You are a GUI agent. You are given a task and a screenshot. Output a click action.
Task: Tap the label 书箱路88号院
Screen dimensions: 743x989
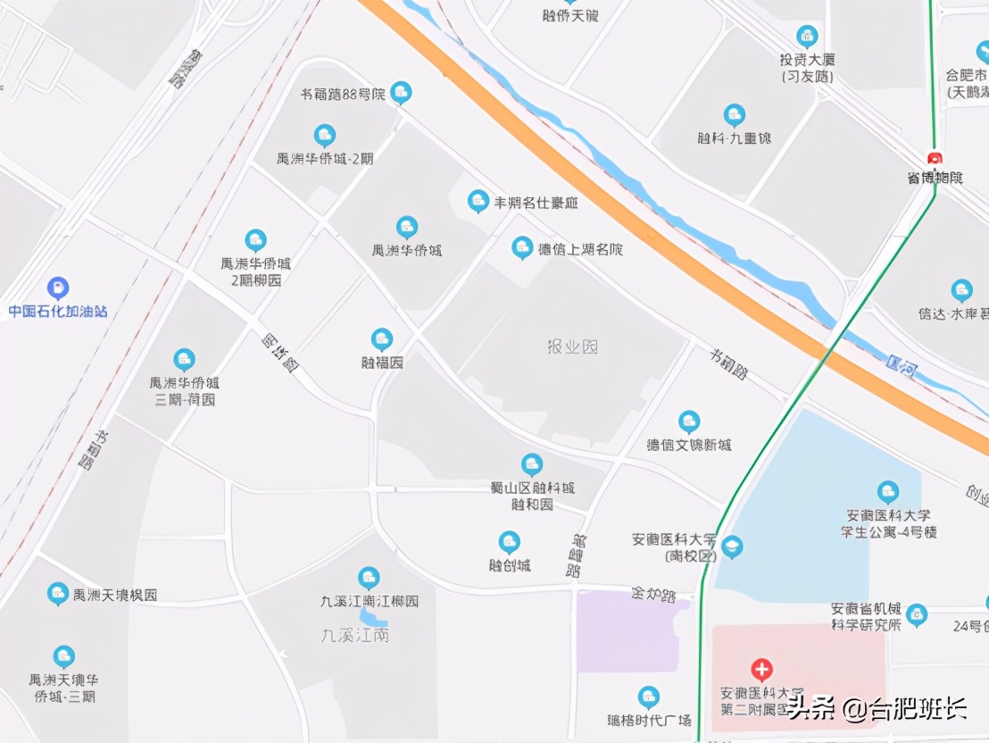[x=343, y=94]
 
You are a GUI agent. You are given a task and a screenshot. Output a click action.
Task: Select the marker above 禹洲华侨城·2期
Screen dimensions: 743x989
[x=324, y=136]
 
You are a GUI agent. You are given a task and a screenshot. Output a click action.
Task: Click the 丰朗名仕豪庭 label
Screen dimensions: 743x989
[x=536, y=203]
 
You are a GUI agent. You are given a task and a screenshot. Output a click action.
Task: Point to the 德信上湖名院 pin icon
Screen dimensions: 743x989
[x=522, y=248]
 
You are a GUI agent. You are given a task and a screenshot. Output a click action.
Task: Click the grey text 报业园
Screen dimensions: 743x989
[x=572, y=346]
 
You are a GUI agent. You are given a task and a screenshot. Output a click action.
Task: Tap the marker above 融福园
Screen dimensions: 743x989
[x=382, y=339]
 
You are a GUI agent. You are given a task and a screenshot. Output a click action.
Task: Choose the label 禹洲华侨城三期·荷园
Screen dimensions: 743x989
[x=185, y=391]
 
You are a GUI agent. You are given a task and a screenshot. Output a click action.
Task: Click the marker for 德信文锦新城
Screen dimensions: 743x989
[x=688, y=422]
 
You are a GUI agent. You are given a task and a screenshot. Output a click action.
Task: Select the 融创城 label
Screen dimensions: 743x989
[x=510, y=565]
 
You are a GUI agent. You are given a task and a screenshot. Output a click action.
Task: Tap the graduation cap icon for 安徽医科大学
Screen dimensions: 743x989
[x=732, y=547]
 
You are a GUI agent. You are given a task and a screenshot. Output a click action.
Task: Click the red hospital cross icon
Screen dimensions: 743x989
[x=761, y=669]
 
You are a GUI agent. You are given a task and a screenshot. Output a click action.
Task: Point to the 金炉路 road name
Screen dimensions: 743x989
[x=652, y=593]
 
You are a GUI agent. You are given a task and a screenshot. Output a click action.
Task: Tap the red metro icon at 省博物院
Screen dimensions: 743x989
[x=935, y=159]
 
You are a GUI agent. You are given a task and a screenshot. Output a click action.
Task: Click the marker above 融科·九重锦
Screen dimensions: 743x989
[x=734, y=115]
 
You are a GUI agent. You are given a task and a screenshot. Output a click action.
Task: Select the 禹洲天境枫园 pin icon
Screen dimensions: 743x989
[x=58, y=593]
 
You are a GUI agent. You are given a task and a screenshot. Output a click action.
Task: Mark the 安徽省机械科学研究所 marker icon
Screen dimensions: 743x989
[x=916, y=614]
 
